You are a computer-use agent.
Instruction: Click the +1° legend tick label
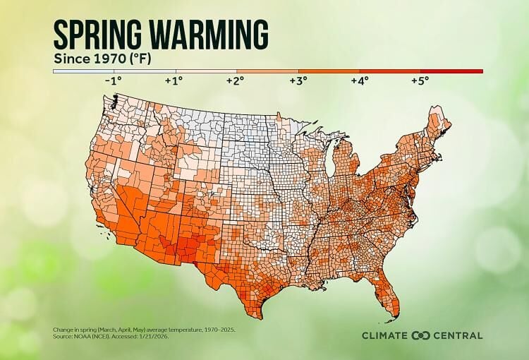click(x=174, y=81)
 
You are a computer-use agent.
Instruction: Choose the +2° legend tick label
click(x=236, y=81)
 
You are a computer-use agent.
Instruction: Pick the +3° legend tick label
click(x=297, y=81)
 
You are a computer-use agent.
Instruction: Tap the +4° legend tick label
click(x=358, y=81)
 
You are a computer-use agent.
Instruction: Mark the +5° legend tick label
click(x=420, y=81)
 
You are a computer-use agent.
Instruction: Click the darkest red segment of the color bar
click(x=451, y=71)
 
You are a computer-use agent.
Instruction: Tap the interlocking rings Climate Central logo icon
click(x=421, y=335)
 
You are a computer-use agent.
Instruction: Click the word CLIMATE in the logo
click(x=386, y=335)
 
